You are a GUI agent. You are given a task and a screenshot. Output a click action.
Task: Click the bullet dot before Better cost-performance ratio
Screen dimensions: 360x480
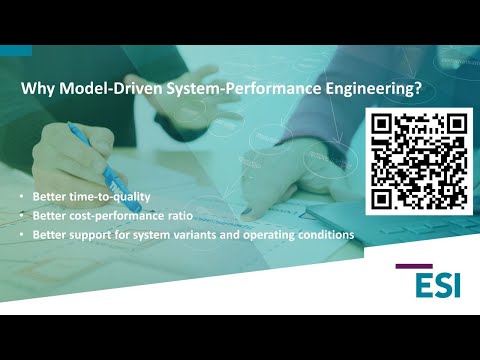[23, 216]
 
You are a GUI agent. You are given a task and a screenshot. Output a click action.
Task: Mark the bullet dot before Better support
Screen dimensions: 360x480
[23, 235]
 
